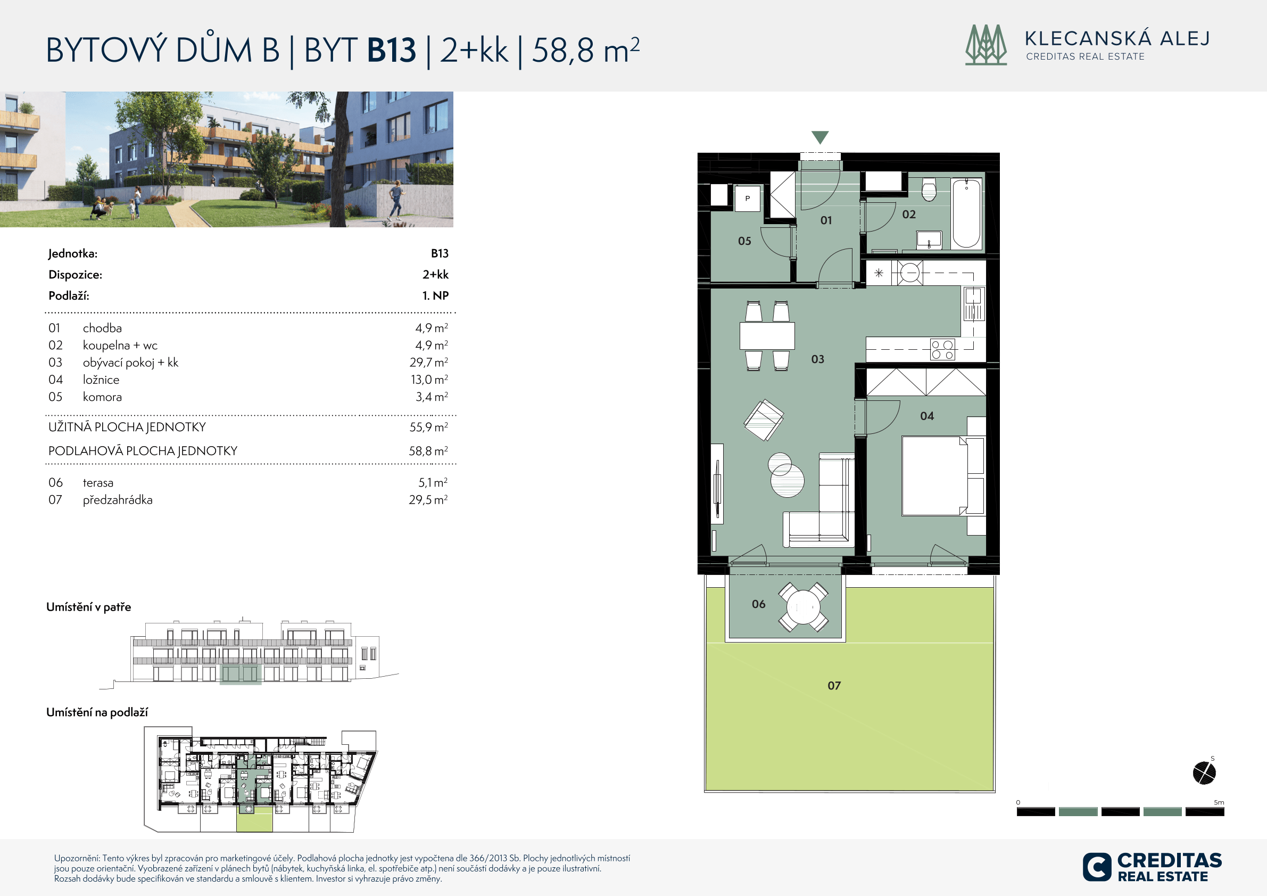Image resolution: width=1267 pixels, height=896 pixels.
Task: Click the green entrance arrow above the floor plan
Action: (820, 137)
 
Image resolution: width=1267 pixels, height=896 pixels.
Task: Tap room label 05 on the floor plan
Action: (744, 241)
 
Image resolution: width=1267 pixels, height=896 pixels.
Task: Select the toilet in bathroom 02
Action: (929, 190)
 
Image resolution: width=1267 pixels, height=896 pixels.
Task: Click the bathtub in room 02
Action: (966, 213)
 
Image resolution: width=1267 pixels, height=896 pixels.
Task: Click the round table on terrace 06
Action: (804, 607)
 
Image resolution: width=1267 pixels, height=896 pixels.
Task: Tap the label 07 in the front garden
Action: (834, 686)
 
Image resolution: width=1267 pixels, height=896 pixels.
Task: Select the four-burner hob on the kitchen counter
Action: (942, 349)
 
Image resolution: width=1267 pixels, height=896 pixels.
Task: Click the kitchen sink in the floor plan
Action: (973, 303)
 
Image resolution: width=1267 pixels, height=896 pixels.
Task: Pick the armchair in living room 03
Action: (764, 420)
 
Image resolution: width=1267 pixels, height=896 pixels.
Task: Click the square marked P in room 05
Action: (748, 198)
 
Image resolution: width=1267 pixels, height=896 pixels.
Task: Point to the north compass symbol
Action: (1205, 772)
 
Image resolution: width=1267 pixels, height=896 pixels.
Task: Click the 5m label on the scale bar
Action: (1219, 802)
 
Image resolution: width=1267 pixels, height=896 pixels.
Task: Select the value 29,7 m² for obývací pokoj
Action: (429, 362)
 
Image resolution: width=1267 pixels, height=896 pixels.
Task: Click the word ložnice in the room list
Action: (101, 380)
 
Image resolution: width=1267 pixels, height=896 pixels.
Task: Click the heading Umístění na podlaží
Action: (97, 712)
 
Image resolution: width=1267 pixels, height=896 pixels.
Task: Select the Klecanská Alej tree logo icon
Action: (986, 45)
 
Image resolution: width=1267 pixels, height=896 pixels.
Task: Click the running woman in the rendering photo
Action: (396, 203)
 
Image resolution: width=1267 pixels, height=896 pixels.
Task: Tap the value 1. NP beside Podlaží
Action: (435, 296)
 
